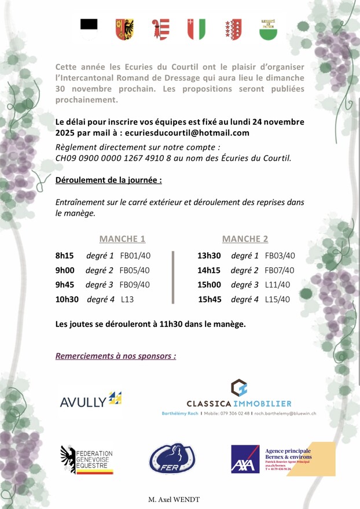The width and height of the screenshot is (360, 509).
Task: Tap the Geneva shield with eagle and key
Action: point(124,28)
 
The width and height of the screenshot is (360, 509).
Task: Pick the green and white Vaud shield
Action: point(267,28)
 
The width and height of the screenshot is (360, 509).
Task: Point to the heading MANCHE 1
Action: point(122,238)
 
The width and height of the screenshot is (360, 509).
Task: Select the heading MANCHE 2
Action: point(245,238)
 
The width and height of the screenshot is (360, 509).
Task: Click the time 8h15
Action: point(64,255)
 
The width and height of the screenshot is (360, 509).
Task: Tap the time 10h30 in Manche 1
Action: point(67,299)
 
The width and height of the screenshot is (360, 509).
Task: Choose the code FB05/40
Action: point(135,270)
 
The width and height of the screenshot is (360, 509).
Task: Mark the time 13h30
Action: point(210,255)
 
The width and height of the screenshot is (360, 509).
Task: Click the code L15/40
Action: point(277,299)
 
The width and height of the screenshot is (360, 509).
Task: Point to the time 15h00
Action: point(210,285)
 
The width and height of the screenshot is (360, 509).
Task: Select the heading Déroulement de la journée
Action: point(108,180)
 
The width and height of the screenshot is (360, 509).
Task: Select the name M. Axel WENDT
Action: point(174,499)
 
